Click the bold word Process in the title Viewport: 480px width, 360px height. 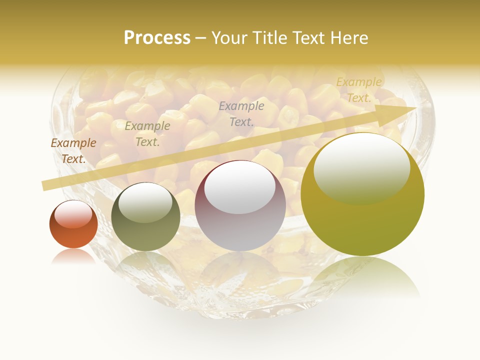[x=157, y=38]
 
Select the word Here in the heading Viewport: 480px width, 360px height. [x=348, y=38]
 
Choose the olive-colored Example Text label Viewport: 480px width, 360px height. [x=147, y=134]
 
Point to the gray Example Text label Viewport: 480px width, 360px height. [x=241, y=113]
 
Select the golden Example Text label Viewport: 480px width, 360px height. [x=359, y=90]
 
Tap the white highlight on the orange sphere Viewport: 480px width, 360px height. [x=73, y=214]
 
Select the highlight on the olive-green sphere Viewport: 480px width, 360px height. [x=145, y=201]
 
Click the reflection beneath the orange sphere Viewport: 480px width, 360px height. [x=73, y=256]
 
